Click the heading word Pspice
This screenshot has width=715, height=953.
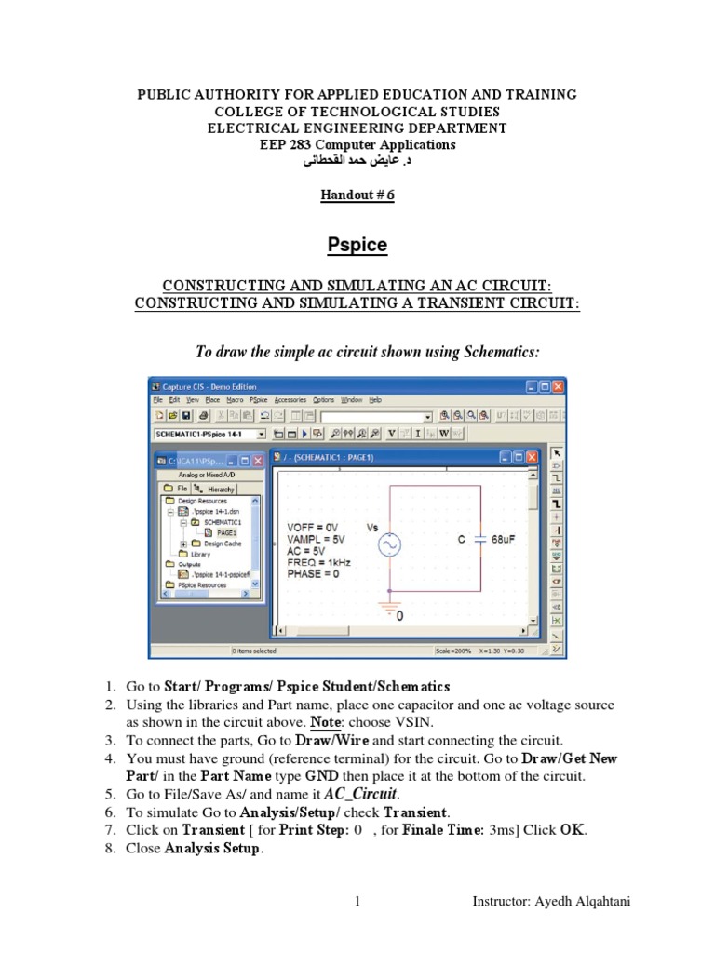[357, 246]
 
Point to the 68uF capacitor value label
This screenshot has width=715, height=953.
[504, 539]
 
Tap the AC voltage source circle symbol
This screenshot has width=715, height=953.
[387, 544]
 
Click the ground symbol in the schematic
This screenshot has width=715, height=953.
[387, 608]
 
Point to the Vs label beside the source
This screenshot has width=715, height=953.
[371, 528]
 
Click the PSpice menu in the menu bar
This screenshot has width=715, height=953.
[259, 399]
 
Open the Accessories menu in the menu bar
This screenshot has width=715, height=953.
[290, 399]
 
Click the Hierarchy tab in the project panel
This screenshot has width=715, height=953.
[221, 489]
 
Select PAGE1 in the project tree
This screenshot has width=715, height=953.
[226, 533]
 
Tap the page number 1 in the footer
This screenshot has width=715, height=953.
[357, 901]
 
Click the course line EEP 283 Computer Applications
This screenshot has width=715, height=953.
[357, 145]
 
